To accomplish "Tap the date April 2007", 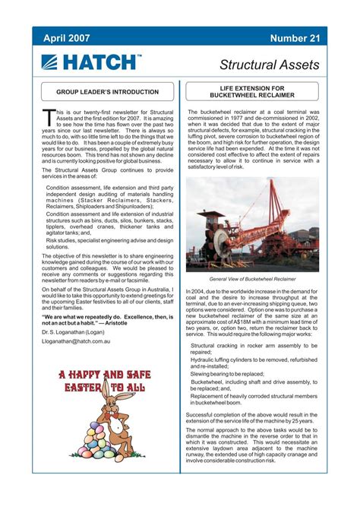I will click(x=66, y=38).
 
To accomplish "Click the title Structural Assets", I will click(x=269, y=65).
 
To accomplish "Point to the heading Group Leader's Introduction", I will click(x=108, y=92).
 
